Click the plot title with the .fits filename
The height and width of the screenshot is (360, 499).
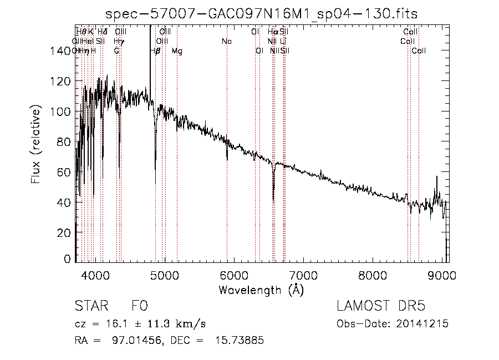pyautogui.click(x=261, y=13)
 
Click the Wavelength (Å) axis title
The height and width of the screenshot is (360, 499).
pyautogui.click(x=261, y=290)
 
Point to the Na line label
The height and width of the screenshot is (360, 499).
pyautogui.click(x=227, y=42)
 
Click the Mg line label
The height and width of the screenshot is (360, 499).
pyautogui.click(x=177, y=51)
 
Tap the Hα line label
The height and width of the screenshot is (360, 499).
pyautogui.click(x=272, y=32)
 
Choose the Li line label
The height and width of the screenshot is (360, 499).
pyautogui.click(x=283, y=42)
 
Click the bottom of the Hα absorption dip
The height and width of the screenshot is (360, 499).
pyautogui.click(x=273, y=200)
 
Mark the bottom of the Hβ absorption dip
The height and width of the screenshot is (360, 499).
pyautogui.click(x=155, y=183)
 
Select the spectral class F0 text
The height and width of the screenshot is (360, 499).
pyautogui.click(x=140, y=307)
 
